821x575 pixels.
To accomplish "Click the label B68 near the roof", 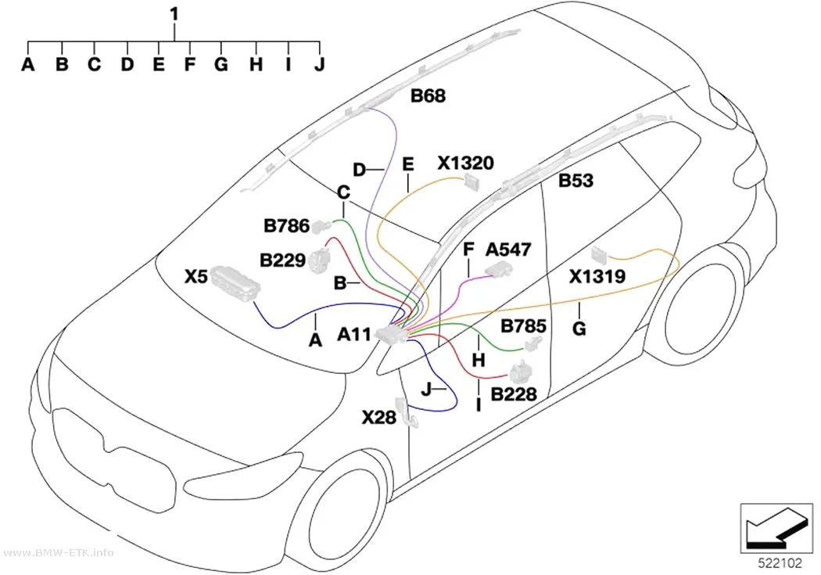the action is point(428,95).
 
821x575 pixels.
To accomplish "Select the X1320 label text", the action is point(465,163).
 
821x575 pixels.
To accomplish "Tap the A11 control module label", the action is point(354,334).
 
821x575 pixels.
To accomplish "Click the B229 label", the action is point(282,261).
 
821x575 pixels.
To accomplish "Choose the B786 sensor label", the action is point(286,226).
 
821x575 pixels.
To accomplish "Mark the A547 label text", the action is point(508,250).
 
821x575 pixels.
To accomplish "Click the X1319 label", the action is point(597,276).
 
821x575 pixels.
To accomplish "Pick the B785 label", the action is point(523,325).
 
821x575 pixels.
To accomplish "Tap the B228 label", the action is point(514,394).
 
